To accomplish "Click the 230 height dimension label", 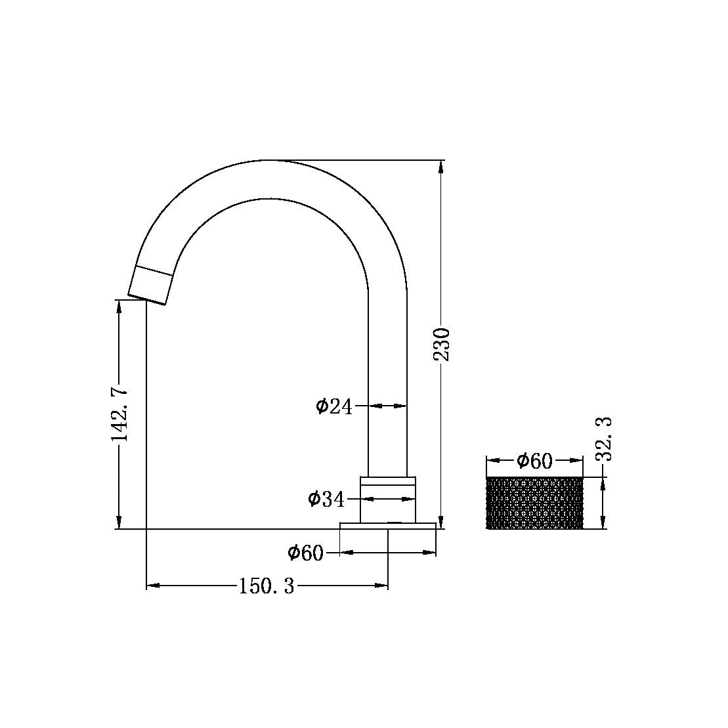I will coord(443,343).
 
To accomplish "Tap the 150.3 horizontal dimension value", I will coord(266,586).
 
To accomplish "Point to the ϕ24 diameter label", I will coord(334,407).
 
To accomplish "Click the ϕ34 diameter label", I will coord(326,500).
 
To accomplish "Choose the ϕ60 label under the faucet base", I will coord(305,553).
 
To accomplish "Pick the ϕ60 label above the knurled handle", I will coord(534,461).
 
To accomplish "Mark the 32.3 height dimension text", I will coord(605,439).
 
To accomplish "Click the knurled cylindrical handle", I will coord(534,503).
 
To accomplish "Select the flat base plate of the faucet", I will coord(388,525).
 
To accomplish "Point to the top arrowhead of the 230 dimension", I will coord(440,167).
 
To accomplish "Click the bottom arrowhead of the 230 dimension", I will coord(440,523).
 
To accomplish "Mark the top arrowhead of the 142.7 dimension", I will coord(119,307).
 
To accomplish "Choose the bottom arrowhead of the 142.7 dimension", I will coord(119,523).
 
